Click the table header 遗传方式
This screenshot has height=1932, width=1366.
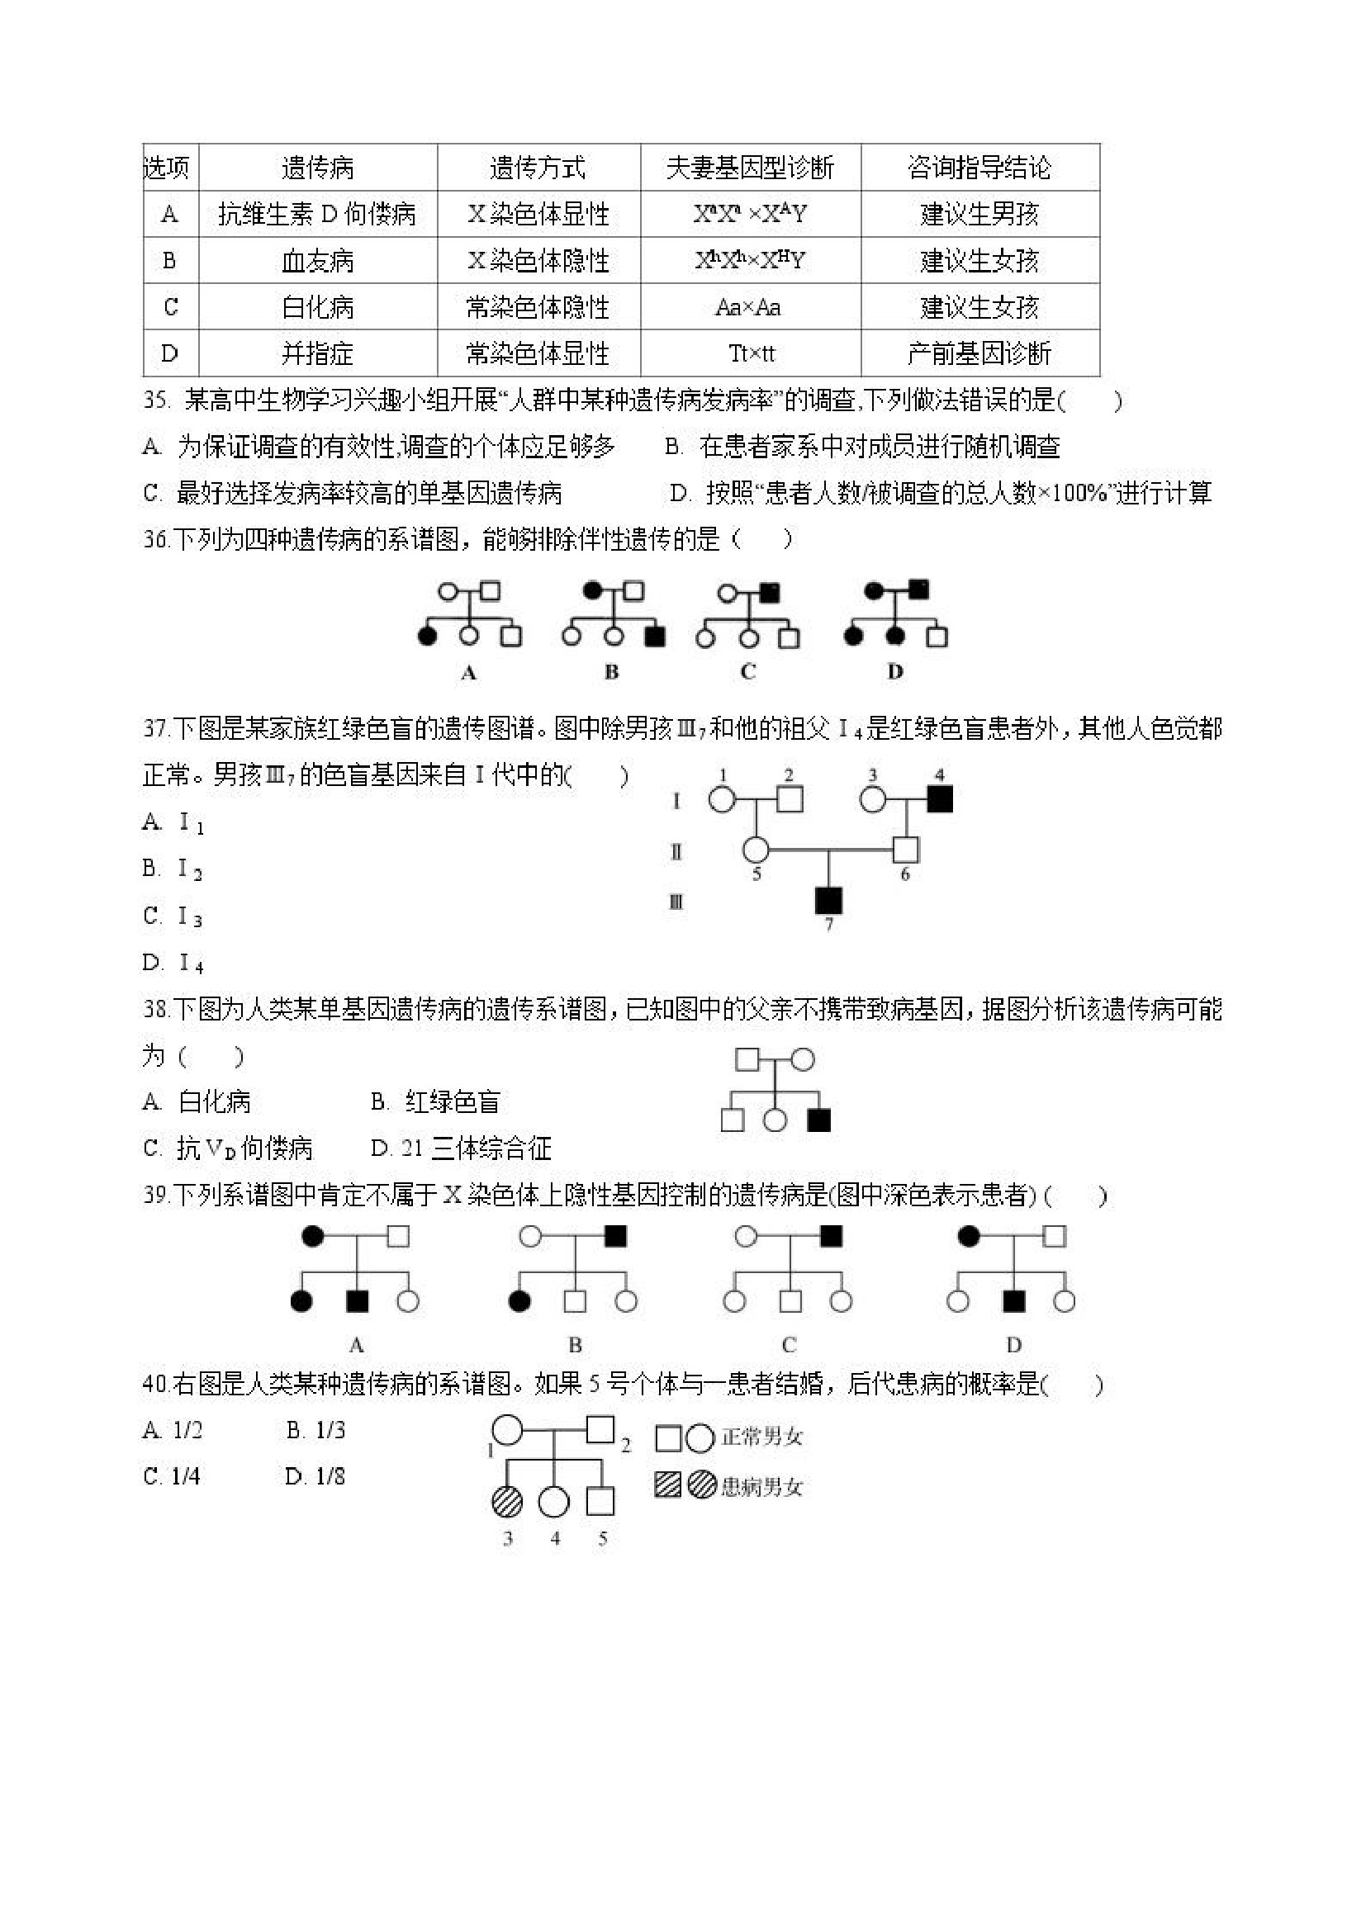click(538, 168)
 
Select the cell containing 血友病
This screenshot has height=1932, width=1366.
click(317, 261)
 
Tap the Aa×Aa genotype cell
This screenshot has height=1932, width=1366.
click(748, 307)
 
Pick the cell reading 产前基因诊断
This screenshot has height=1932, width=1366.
click(979, 353)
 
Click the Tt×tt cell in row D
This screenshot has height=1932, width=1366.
click(752, 353)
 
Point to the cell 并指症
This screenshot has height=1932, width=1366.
click(317, 353)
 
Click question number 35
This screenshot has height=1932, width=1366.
click(157, 400)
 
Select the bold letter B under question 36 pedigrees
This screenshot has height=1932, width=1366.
click(612, 672)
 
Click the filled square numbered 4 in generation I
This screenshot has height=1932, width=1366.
click(939, 798)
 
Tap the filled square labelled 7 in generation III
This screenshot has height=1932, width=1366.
click(829, 901)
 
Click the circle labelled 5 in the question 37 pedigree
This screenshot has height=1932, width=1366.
click(756, 850)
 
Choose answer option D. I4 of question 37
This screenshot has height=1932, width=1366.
click(173, 963)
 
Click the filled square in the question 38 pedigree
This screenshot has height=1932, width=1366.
click(818, 1120)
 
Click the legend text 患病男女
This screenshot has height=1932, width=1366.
click(761, 1487)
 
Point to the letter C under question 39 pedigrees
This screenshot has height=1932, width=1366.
click(789, 1345)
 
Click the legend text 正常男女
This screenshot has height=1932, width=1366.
click(761, 1437)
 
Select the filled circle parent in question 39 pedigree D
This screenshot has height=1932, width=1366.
click(970, 1236)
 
